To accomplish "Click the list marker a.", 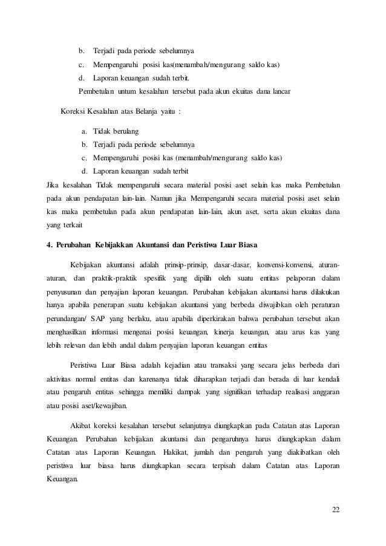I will click(x=84, y=131).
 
